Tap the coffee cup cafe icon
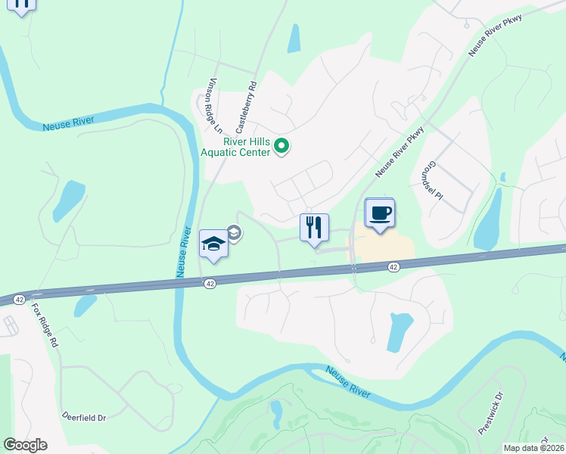pyautogui.click(x=380, y=213)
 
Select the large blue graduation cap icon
pyautogui.click(x=213, y=244)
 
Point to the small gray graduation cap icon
pyautogui.click(x=234, y=232)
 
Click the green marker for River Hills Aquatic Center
pyautogui.click(x=281, y=145)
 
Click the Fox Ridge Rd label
pyautogui.click(x=45, y=326)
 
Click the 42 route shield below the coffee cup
pyautogui.click(x=393, y=267)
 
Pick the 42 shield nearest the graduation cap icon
pyautogui.click(x=210, y=282)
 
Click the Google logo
pyautogui.click(x=25, y=445)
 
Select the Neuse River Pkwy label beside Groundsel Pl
pyautogui.click(x=399, y=151)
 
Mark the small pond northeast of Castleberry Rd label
pyautogui.click(x=294, y=39)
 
